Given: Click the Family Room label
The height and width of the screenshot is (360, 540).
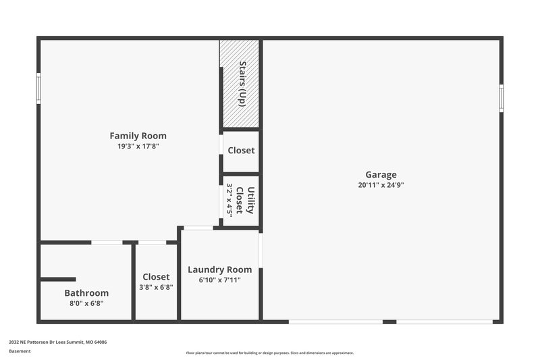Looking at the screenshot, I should tap(138, 136).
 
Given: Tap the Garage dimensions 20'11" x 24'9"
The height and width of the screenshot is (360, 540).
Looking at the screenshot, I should tap(381, 185).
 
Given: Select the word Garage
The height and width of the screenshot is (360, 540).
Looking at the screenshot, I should tap(381, 175).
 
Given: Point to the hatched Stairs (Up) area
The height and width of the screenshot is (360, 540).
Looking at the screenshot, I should tap(241, 83).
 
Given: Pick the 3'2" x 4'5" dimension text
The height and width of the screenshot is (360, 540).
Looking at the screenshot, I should tap(230, 200).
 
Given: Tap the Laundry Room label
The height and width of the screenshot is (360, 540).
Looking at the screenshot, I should tap(219, 269).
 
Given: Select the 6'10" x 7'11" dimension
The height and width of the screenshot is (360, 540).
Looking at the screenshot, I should tap(219, 280).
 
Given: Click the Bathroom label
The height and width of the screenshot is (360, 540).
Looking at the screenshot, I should tap(86, 293).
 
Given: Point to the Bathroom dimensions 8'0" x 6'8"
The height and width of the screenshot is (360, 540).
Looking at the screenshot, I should tap(86, 303).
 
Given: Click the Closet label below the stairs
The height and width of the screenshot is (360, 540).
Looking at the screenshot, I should tap(241, 151).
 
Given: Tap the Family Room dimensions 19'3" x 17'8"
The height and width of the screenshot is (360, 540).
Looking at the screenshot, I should tap(138, 146).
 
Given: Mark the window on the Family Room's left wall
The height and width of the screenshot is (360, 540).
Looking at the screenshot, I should tap(38, 88).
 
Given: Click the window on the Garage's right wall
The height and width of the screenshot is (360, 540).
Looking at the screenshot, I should tap(501, 98).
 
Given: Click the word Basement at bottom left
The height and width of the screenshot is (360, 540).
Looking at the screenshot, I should tap(20, 352).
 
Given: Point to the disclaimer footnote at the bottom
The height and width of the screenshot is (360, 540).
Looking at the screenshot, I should tap(269, 353).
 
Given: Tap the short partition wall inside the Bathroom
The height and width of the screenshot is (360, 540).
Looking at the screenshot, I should tap(58, 279).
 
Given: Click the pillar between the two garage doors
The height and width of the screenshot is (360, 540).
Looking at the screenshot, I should tap(389, 322).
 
